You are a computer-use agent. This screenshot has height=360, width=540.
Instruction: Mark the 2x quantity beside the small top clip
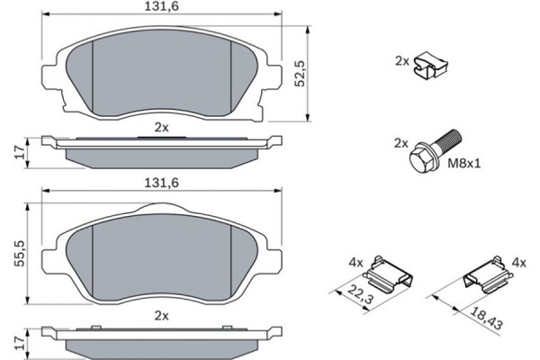(401, 60)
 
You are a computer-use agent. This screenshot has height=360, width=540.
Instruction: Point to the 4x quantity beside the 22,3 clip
(355, 263)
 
